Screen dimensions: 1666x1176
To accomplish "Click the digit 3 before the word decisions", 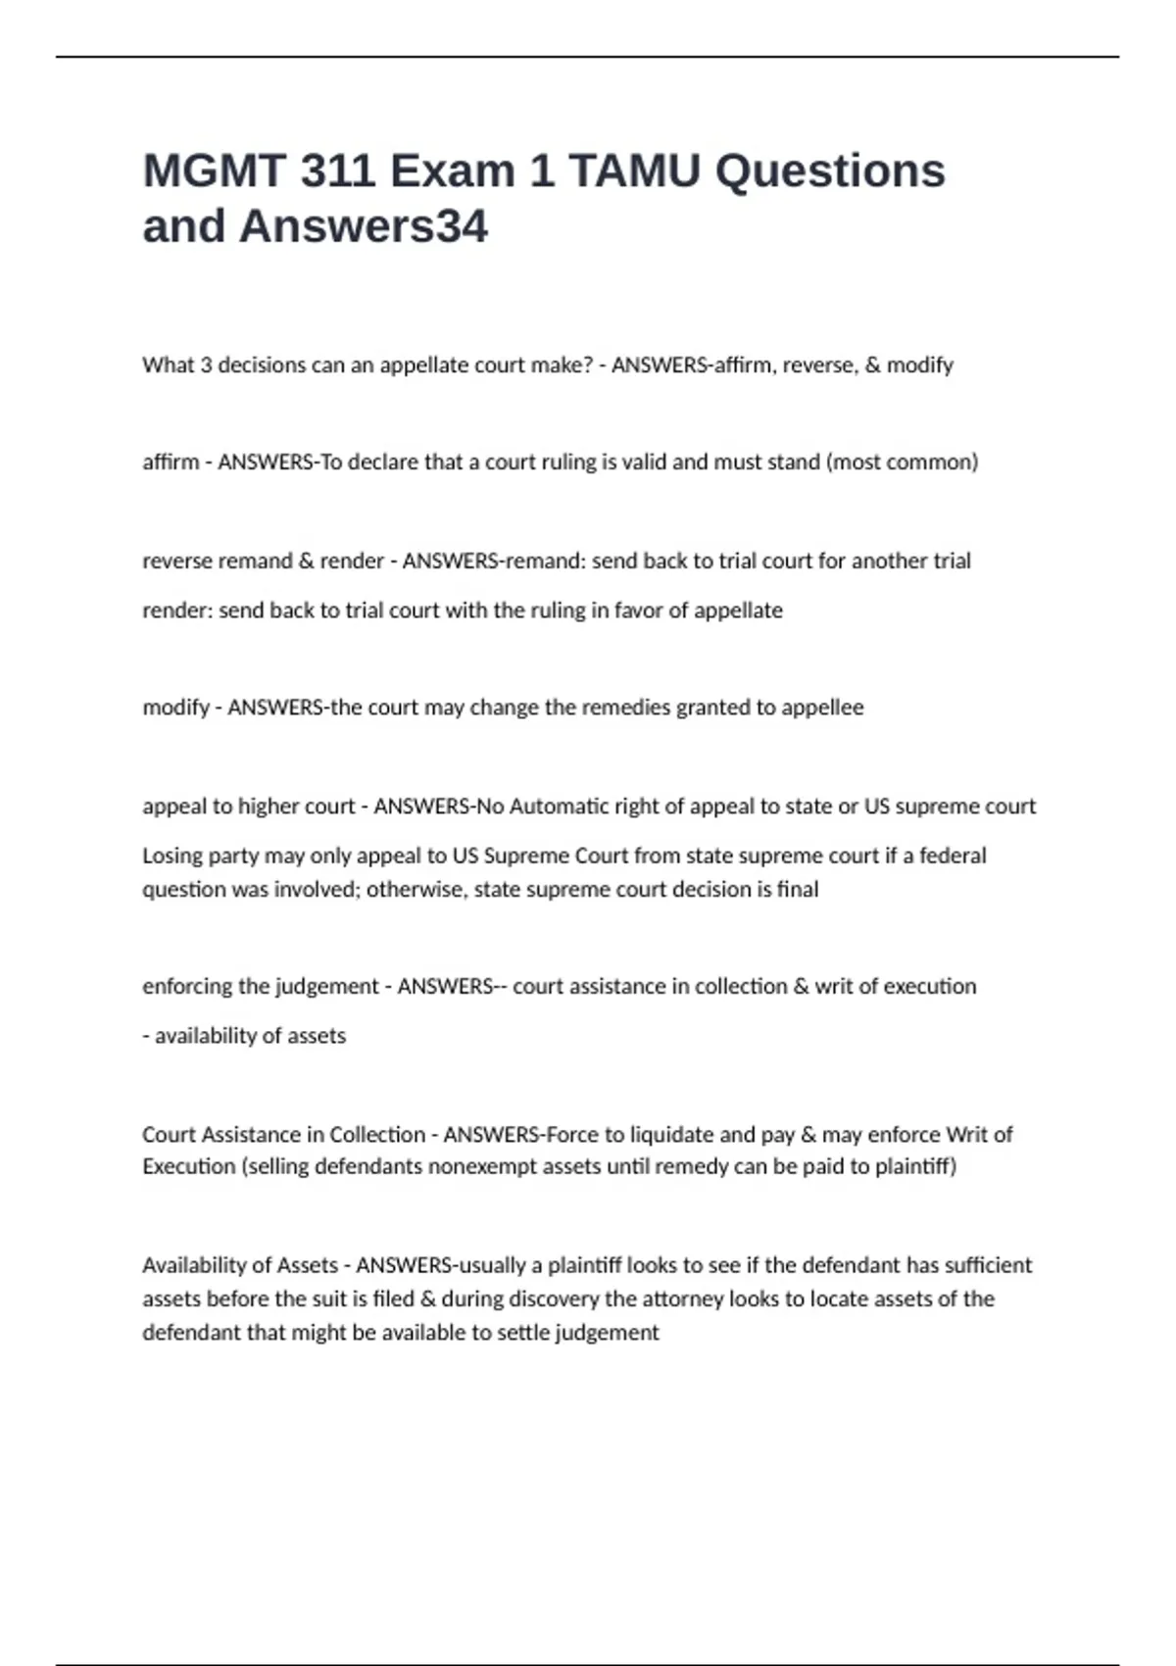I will [x=206, y=365].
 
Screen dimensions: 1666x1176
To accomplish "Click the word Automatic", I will [x=559, y=807].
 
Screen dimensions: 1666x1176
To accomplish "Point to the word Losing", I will [x=171, y=856].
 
